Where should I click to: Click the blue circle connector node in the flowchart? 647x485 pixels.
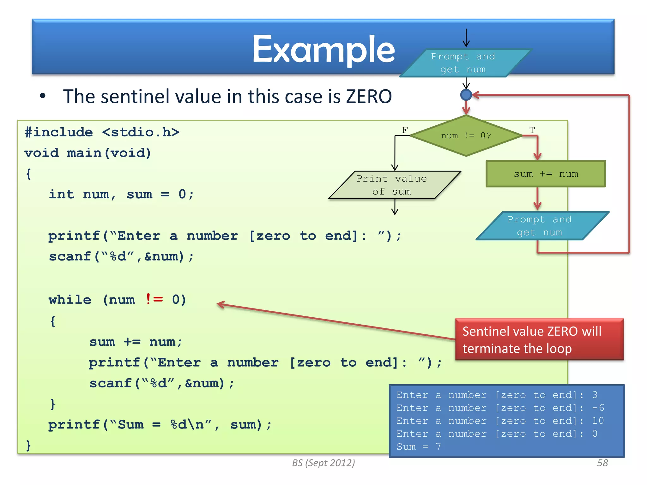point(466,95)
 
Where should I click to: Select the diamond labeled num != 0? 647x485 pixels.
point(466,136)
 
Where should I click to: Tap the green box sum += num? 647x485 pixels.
point(546,174)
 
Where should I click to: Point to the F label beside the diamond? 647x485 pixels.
point(405,130)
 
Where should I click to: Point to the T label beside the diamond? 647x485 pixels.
point(532,130)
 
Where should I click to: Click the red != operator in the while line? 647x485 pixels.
point(154,299)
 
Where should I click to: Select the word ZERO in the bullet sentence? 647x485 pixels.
point(369,96)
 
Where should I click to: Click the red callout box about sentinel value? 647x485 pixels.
point(539,339)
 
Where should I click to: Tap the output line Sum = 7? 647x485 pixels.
point(419,447)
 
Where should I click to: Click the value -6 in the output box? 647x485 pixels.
point(598,408)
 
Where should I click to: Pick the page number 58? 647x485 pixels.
point(602,463)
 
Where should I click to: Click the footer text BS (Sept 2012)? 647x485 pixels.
point(323,463)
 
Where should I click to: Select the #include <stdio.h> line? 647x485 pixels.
point(102,132)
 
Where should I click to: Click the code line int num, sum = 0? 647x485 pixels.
point(121,194)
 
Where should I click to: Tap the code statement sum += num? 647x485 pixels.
point(136,342)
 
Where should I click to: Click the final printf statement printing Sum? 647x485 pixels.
point(160,425)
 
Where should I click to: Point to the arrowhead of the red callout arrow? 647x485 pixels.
point(219,304)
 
